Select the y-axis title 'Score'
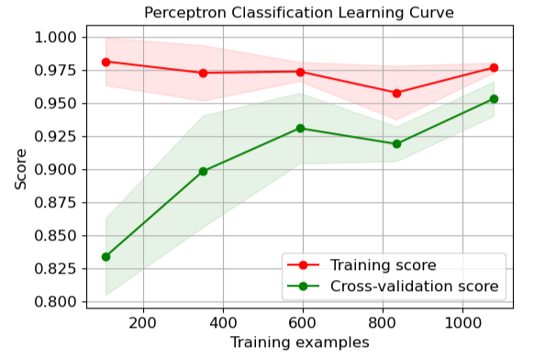click(20, 169)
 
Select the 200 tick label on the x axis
click(142, 321)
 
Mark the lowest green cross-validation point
click(106, 256)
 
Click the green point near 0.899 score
click(203, 171)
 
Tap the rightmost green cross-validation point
click(494, 99)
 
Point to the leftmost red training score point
click(106, 62)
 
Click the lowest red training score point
click(396, 93)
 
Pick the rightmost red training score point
click(494, 68)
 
